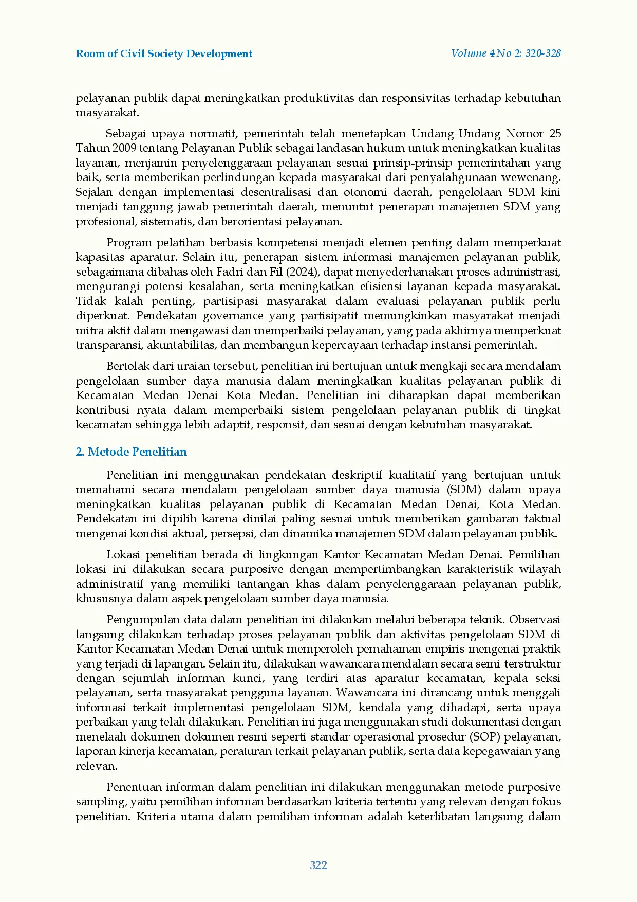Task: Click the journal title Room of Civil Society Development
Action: [x=164, y=54]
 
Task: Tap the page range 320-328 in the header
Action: [x=542, y=53]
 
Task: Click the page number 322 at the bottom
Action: [x=318, y=865]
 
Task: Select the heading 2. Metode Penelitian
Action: [x=131, y=452]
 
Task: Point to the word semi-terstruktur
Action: [x=524, y=664]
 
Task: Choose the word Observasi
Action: [x=535, y=620]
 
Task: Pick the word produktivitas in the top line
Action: [x=318, y=98]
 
